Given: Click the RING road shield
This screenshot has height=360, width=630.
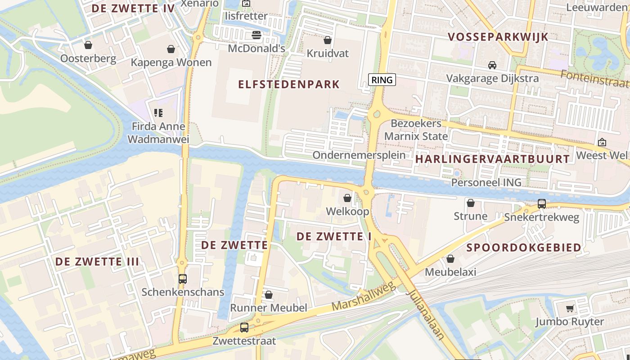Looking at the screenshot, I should click(382, 80).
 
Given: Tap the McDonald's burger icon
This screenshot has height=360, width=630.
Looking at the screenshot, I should click(256, 35).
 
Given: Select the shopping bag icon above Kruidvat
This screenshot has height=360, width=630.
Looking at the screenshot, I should click(328, 40).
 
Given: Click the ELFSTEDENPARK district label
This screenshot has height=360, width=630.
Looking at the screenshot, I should click(288, 84).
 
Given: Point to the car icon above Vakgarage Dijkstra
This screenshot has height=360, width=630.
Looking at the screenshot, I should click(492, 65).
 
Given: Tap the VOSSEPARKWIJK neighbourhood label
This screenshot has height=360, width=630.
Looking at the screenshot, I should click(498, 37).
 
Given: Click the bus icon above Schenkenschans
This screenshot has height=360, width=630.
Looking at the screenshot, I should click(182, 279).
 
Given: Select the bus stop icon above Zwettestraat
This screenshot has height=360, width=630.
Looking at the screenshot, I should click(244, 328).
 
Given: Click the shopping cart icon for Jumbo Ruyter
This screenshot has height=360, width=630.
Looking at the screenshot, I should click(570, 308).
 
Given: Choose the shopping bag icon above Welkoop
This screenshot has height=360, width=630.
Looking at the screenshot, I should click(347, 198).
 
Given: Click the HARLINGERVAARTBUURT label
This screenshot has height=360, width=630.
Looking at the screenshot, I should click(492, 159).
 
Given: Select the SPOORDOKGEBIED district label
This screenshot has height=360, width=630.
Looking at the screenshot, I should click(523, 247).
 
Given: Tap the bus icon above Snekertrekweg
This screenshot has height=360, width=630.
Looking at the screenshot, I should click(542, 204).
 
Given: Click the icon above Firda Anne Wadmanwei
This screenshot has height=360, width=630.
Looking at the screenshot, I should click(158, 112).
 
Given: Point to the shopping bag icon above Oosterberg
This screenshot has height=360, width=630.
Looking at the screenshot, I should click(88, 45).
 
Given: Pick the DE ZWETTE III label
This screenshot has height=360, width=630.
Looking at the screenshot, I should click(97, 261).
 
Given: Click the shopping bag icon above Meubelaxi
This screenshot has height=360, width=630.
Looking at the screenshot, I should click(450, 259).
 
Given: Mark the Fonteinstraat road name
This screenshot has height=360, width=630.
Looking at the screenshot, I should click(594, 80).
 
